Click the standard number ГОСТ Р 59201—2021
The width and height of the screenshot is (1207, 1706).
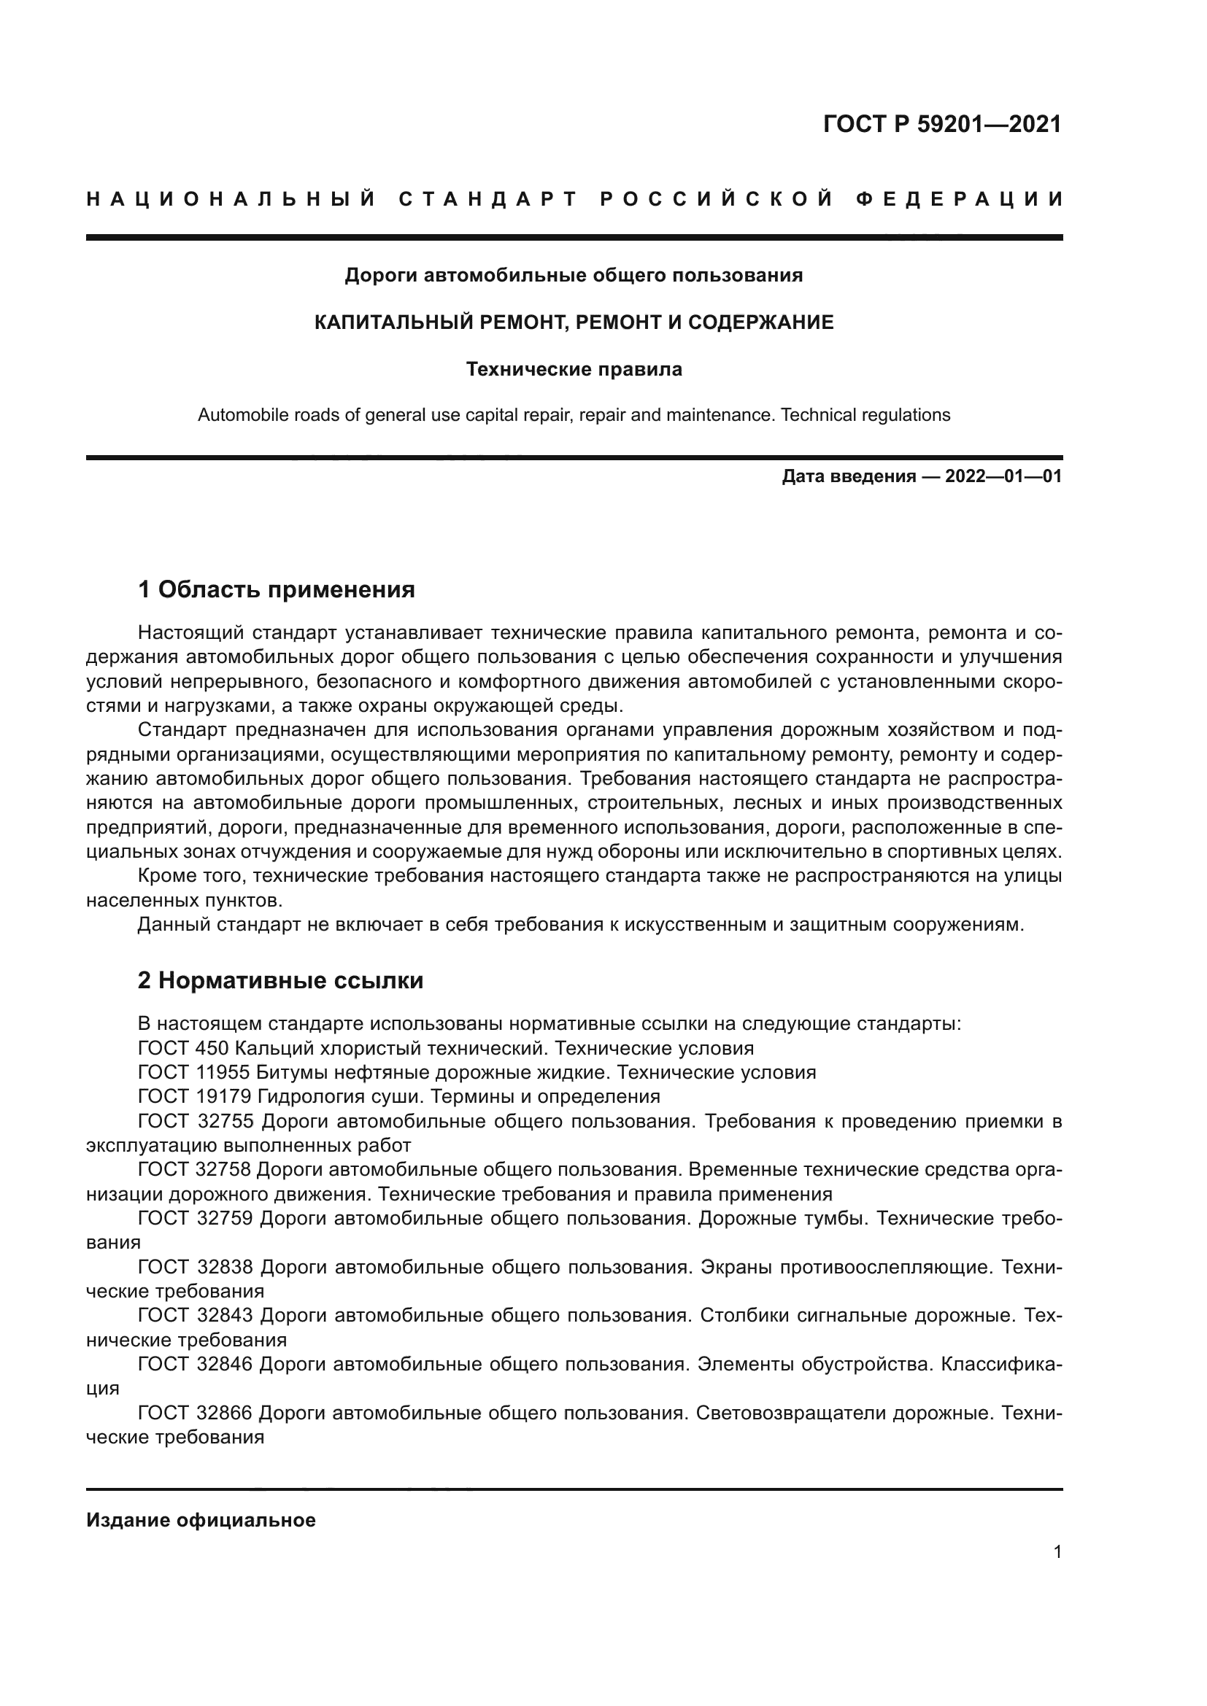[941, 124]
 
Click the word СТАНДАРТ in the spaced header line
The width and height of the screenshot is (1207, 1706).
[487, 199]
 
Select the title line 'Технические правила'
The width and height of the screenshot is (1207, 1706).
[574, 369]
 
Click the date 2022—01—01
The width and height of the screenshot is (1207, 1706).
[1003, 476]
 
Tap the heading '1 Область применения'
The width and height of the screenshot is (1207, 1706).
[276, 589]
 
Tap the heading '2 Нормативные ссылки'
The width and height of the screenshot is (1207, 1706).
[280, 980]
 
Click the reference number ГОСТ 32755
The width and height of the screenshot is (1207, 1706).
[196, 1120]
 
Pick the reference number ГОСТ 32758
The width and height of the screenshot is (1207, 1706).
[194, 1169]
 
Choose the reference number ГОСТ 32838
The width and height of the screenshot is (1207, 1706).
[196, 1267]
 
